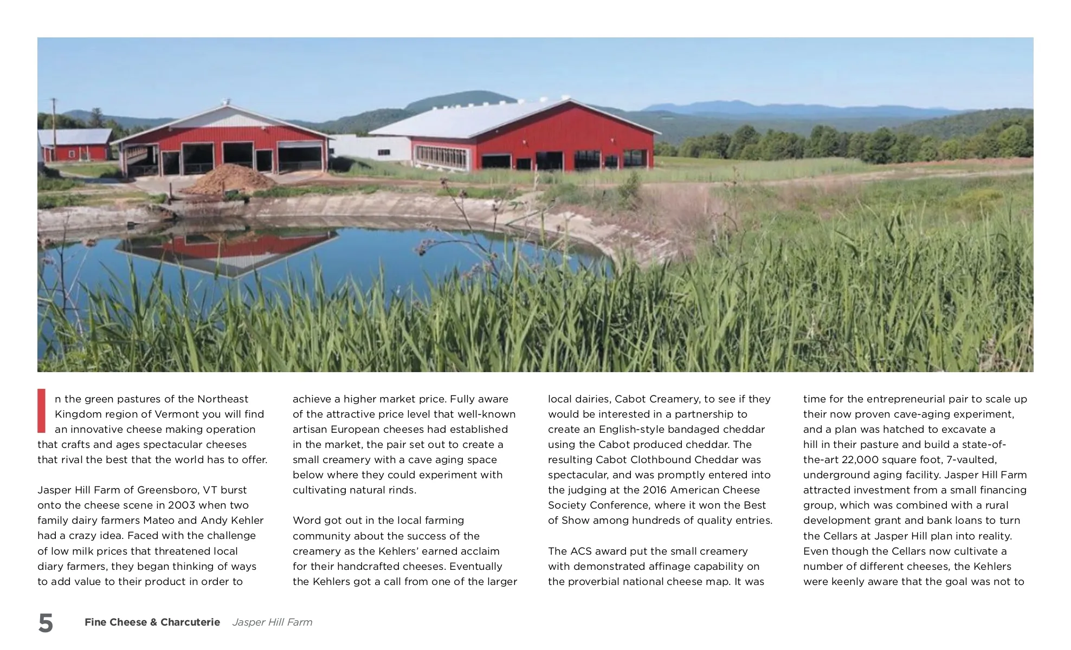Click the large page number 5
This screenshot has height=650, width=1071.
[x=46, y=623]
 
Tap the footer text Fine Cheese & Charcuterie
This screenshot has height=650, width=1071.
[x=152, y=622]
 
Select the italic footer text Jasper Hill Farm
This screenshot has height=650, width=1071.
[x=272, y=622]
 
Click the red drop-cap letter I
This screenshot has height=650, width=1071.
[x=41, y=411]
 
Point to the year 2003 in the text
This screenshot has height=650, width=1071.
[x=182, y=505]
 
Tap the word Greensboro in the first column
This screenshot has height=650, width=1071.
[x=167, y=490]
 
